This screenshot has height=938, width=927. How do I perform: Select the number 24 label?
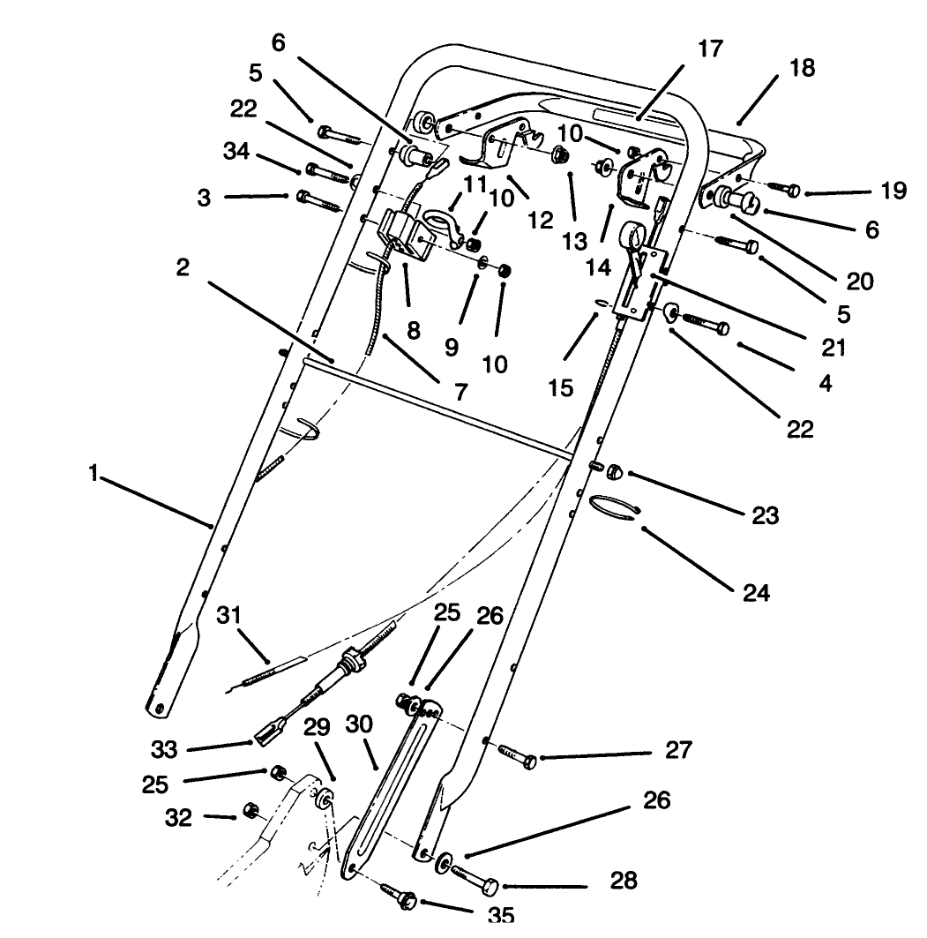[755, 592]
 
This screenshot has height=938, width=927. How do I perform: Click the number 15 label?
[559, 386]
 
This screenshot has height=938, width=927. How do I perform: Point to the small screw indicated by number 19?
[784, 189]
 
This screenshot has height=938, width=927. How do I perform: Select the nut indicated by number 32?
[250, 809]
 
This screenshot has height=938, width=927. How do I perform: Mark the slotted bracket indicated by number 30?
[388, 785]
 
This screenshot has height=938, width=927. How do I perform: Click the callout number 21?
[833, 347]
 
